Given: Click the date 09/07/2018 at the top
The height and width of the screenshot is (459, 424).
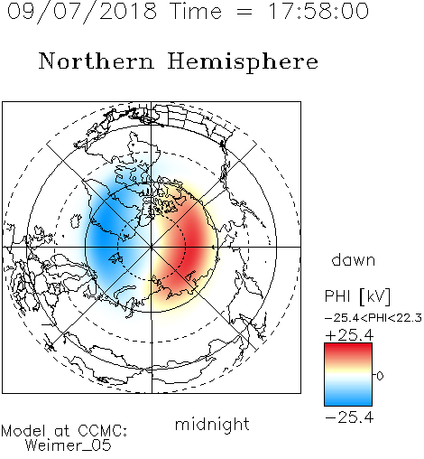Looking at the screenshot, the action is (82, 12).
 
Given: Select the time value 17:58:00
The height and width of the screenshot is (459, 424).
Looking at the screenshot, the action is (318, 11).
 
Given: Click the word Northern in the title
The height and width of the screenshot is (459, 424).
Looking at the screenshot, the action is (97, 61).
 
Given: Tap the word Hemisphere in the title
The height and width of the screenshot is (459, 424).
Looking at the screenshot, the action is (243, 62).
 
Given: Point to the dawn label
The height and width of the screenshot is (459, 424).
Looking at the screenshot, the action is (354, 259).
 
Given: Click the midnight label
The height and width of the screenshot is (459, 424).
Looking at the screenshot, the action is (212, 425).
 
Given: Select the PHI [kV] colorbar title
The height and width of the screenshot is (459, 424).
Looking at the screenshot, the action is (357, 296).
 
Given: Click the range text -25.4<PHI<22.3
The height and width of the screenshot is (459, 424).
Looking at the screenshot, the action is (373, 318).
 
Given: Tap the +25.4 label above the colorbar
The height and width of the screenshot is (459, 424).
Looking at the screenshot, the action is (349, 335).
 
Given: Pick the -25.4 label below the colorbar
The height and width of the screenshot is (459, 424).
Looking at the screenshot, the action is (349, 417).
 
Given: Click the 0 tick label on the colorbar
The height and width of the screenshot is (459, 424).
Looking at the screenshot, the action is (380, 376).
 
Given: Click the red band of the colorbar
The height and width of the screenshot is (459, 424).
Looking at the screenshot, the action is (348, 351).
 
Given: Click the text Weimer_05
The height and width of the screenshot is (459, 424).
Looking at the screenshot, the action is (69, 445).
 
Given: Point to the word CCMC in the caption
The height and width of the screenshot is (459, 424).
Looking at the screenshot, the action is (102, 431).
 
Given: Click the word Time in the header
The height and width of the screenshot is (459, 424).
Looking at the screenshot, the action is (196, 11).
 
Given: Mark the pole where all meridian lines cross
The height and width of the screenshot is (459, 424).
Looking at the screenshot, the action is (152, 247).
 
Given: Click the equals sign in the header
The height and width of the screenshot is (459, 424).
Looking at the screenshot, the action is (244, 13).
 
